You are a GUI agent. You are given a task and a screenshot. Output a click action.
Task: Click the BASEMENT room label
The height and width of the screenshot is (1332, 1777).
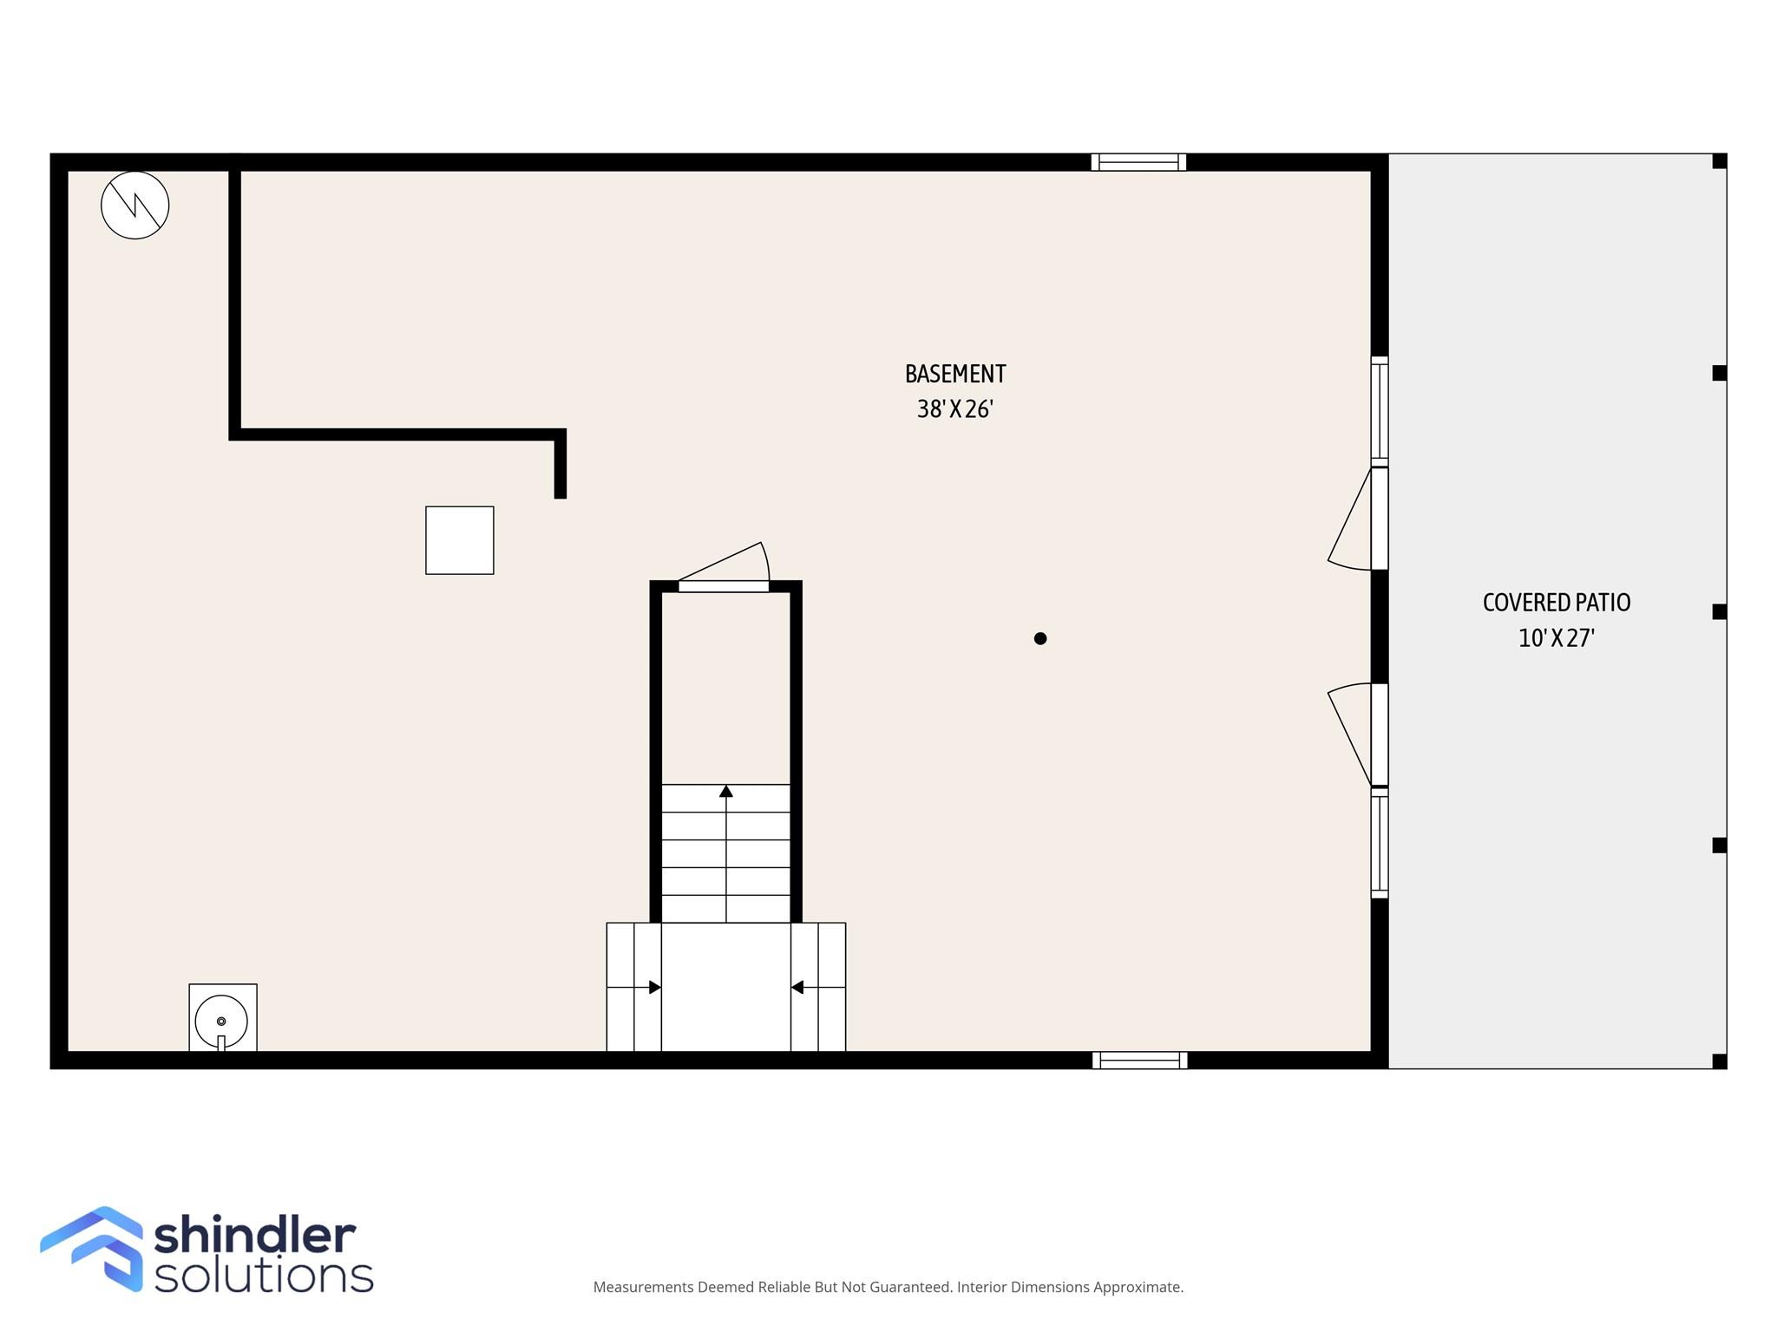pyautogui.click(x=955, y=374)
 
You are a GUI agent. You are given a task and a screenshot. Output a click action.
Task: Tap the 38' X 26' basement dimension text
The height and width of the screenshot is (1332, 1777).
pyautogui.click(x=955, y=409)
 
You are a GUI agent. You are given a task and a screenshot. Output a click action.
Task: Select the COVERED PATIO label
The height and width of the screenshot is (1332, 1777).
pyautogui.click(x=1557, y=603)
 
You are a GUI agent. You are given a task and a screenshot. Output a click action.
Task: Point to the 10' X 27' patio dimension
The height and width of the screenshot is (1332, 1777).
pyautogui.click(x=1557, y=638)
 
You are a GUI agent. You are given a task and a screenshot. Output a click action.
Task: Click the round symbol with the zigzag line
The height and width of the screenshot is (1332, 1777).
pyautogui.click(x=135, y=206)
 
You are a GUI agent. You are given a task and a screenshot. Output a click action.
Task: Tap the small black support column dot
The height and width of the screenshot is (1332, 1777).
pyautogui.click(x=1040, y=638)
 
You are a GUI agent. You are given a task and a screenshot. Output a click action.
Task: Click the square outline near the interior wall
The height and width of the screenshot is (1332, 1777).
pyautogui.click(x=460, y=540)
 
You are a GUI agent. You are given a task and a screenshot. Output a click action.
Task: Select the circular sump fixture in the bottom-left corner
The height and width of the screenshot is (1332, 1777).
pyautogui.click(x=221, y=1021)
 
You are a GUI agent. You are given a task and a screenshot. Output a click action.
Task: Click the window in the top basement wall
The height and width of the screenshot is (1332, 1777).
pyautogui.click(x=1138, y=162)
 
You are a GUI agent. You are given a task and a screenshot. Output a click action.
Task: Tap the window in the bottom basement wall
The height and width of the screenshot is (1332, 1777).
pyautogui.click(x=1140, y=1060)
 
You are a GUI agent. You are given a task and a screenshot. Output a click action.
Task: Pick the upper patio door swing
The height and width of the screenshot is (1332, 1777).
pyautogui.click(x=1350, y=519)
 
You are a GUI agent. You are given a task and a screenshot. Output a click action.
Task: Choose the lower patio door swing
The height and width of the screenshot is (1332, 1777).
pyautogui.click(x=1350, y=735)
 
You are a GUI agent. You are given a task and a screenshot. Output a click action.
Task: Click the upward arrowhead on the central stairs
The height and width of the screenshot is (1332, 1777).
pyautogui.click(x=726, y=791)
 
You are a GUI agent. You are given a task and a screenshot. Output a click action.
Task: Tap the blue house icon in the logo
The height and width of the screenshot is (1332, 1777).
pyautogui.click(x=92, y=1249)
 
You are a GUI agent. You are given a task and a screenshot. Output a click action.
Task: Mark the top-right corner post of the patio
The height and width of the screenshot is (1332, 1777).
pyautogui.click(x=1719, y=161)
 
